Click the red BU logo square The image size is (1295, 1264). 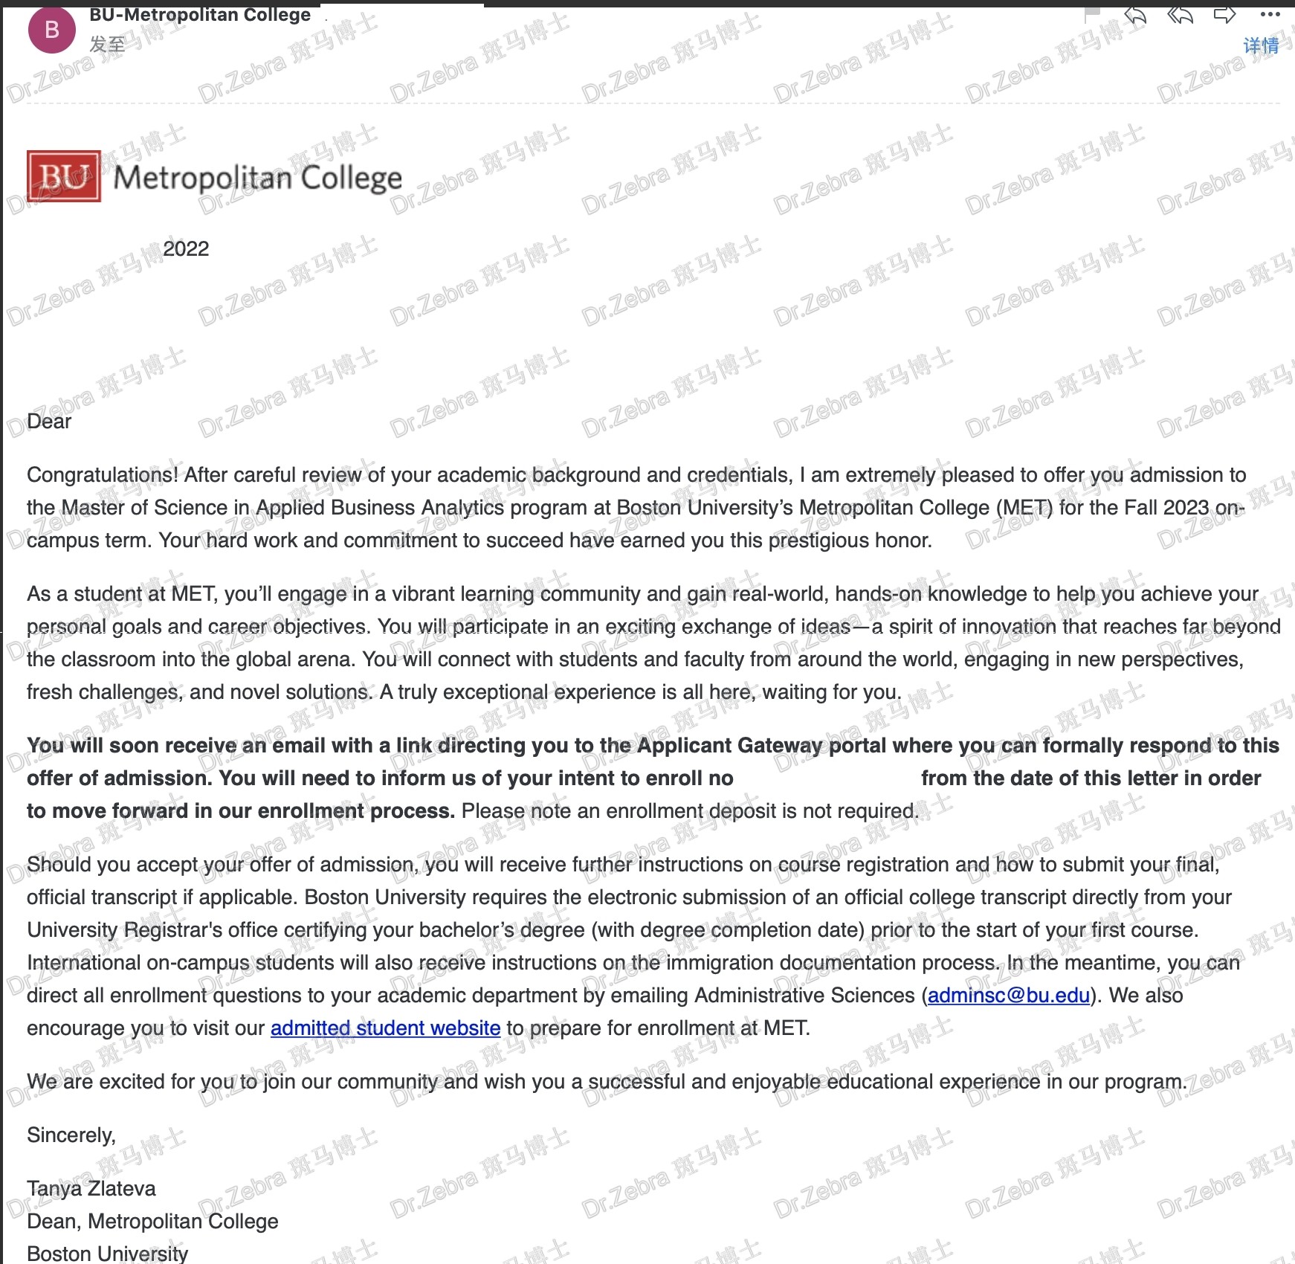pos(64,176)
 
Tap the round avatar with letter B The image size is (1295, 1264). pos(51,30)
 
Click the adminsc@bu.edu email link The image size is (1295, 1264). pos(1008,995)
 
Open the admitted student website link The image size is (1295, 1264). pos(385,1028)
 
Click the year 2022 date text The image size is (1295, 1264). pos(186,248)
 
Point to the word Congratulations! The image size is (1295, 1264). pos(103,474)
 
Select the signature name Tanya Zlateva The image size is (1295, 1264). pos(91,1188)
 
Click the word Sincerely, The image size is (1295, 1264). pos(71,1135)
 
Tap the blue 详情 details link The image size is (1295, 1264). pos(1261,46)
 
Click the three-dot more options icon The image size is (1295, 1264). pos(1270,14)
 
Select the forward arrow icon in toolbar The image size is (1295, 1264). pos(1224,14)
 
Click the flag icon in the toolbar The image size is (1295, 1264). pos(1092,14)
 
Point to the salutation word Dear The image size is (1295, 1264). pos(49,421)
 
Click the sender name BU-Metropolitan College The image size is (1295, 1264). pos(200,15)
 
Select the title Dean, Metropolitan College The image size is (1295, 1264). pos(152,1221)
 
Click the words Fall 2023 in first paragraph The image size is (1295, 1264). pos(1166,507)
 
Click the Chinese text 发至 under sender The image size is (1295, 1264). pos(107,45)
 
